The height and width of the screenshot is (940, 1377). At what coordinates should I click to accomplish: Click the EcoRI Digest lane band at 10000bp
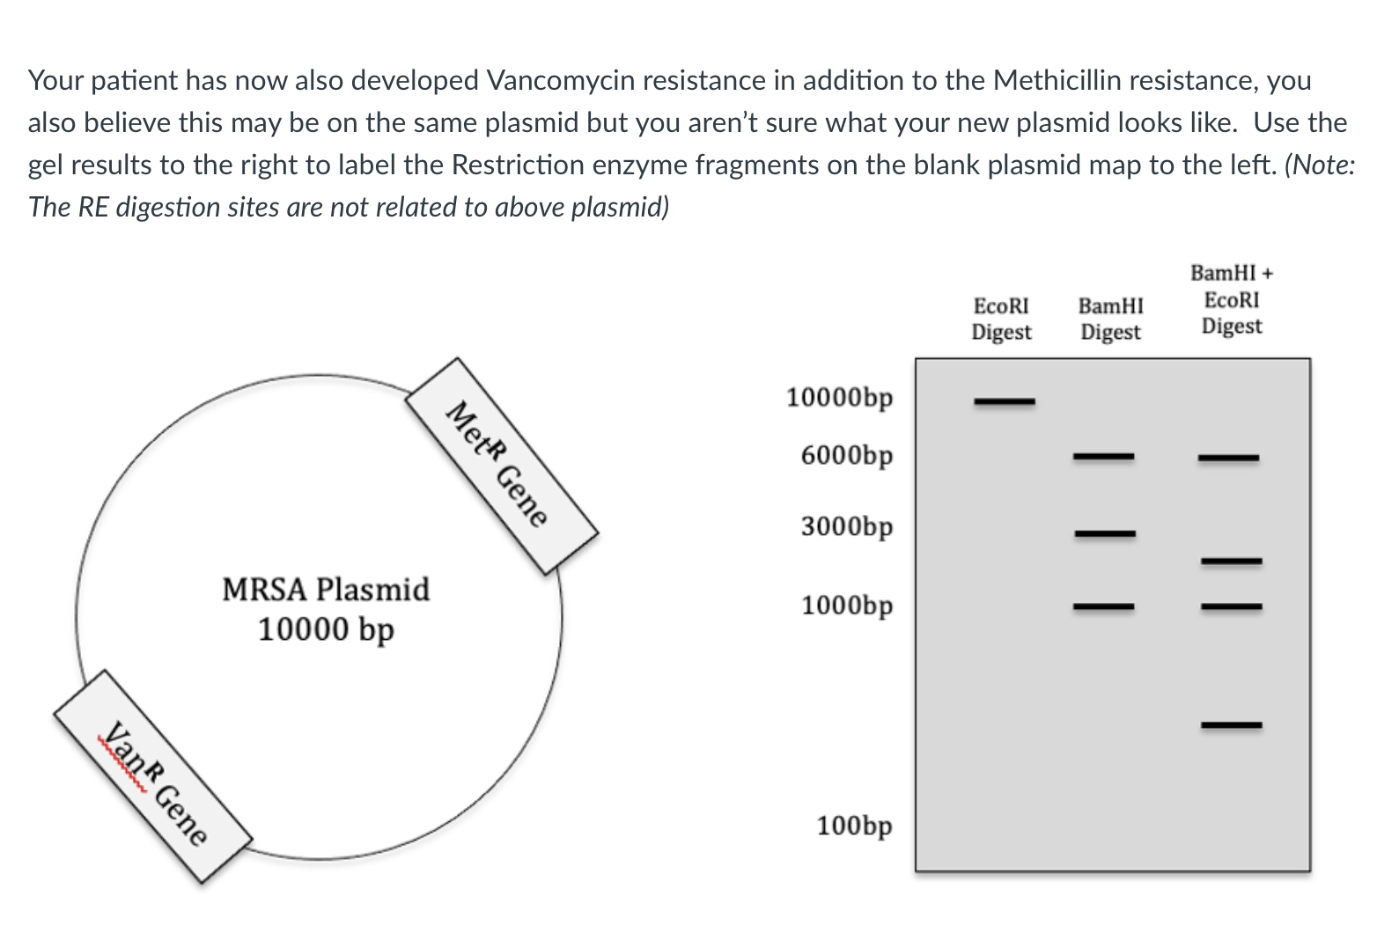[1004, 402]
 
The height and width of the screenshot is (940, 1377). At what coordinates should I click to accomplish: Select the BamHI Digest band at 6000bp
[1103, 456]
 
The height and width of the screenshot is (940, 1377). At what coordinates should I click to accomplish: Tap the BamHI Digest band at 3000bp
[1104, 533]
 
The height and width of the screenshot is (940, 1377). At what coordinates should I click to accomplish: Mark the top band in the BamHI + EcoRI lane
[1228, 458]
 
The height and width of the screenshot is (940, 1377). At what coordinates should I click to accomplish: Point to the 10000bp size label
[839, 398]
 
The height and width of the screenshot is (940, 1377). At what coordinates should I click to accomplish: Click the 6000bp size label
[847, 456]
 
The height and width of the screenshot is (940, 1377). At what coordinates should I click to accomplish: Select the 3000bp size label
[847, 526]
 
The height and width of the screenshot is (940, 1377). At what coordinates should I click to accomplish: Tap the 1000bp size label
[847, 606]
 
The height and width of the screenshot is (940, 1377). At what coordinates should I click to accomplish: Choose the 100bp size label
[854, 826]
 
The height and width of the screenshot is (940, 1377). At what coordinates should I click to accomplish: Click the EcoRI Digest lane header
[1002, 319]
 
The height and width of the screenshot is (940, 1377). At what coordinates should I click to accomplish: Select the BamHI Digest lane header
[1110, 319]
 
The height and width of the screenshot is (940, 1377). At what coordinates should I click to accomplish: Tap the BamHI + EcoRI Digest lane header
[1232, 299]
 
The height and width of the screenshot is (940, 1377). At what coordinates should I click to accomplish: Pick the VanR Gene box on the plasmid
[153, 776]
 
